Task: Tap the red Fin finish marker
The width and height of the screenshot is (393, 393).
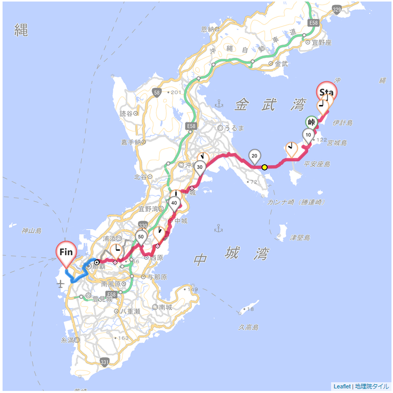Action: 66,252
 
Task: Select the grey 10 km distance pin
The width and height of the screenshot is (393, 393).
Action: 308,136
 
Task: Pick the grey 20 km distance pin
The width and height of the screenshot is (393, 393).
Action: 254,156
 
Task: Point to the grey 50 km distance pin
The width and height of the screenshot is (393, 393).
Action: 141,237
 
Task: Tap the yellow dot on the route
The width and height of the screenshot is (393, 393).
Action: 265,167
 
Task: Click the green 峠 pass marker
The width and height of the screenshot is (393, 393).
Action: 311,122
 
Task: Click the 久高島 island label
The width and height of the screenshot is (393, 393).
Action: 248,327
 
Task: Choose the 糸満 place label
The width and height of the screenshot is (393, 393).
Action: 67,340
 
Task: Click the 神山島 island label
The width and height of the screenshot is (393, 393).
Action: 31,231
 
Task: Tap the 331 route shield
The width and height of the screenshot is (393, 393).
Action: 104,362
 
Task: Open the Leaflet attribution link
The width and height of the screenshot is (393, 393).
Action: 342,386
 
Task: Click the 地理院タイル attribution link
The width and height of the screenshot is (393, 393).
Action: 372,386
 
